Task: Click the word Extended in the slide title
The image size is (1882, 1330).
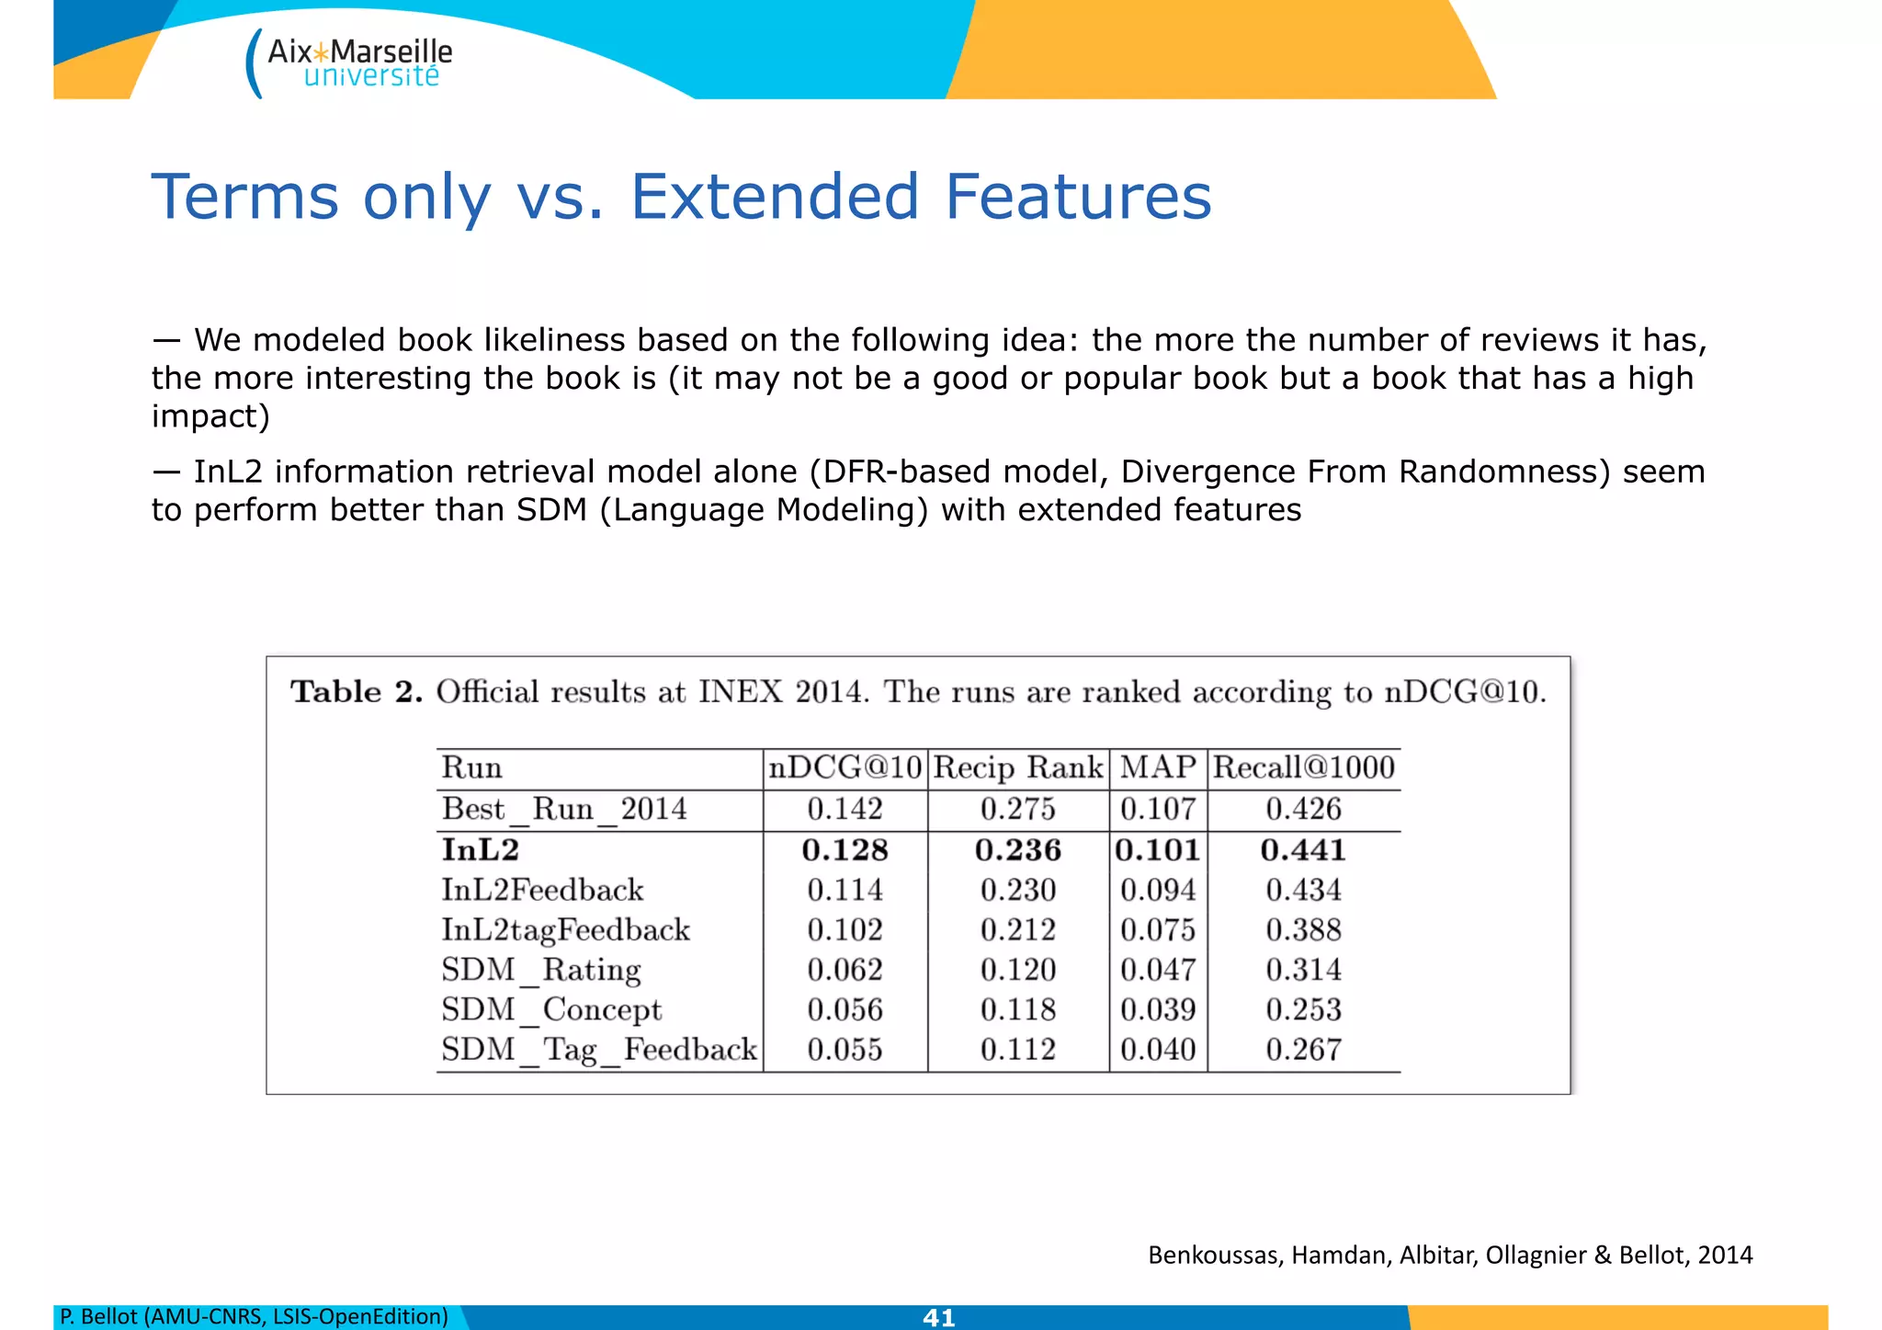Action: tap(774, 197)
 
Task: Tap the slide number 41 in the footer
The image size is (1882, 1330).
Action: tap(938, 1317)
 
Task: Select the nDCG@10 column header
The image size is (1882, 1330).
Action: tap(845, 767)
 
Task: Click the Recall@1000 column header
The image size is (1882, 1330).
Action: tap(1303, 767)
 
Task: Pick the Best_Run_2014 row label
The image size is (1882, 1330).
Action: tap(564, 809)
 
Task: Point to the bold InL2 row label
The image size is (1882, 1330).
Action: tap(481, 849)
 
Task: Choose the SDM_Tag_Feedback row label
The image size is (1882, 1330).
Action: tap(599, 1050)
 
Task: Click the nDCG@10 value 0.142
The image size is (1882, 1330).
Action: tap(845, 809)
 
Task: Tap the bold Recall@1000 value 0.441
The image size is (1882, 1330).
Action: tap(1303, 849)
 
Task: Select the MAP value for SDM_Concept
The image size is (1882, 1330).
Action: tap(1158, 1009)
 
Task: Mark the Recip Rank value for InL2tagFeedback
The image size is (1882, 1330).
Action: tap(1018, 929)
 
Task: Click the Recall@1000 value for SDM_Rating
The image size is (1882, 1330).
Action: tap(1303, 970)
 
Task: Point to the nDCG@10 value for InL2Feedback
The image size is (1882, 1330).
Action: tap(845, 890)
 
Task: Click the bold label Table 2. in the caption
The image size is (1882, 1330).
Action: tap(357, 691)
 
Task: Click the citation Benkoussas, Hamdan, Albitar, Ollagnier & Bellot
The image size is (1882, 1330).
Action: tap(1450, 1255)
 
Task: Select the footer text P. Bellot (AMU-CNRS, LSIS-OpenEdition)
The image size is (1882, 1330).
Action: tap(254, 1316)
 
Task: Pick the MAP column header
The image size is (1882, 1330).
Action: tap(1158, 767)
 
